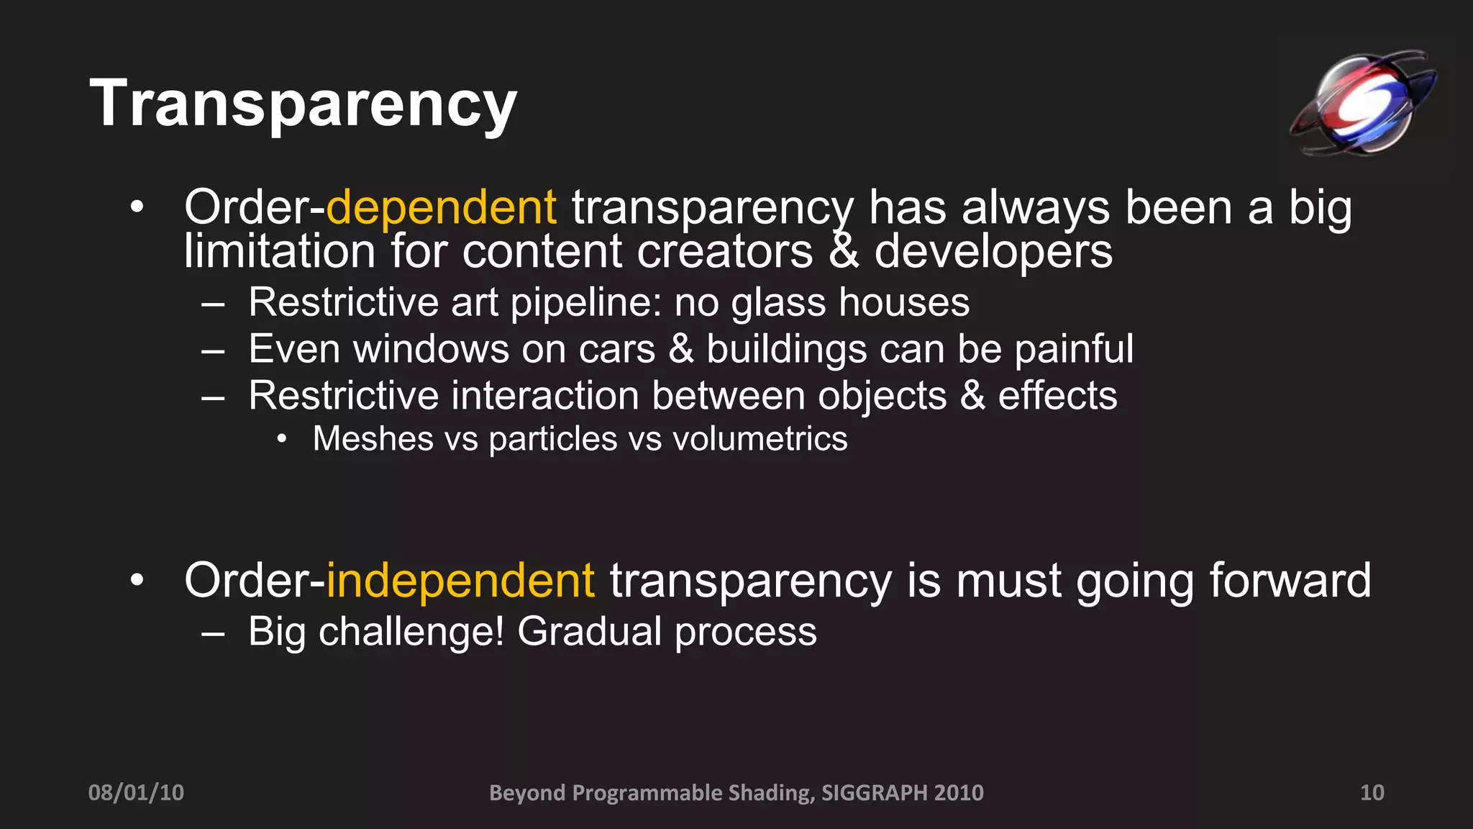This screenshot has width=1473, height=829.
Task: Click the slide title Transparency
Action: click(303, 104)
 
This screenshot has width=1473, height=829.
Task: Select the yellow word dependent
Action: click(441, 208)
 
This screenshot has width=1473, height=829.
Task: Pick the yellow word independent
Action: click(460, 580)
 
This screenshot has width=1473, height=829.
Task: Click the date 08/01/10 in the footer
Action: click(136, 792)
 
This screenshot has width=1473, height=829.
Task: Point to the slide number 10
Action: click(1372, 792)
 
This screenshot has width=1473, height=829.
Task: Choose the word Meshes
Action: click(373, 439)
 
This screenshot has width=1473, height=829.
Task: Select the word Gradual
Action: click(589, 632)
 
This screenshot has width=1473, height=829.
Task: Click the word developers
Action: click(993, 252)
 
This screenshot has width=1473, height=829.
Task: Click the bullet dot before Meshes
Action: click(282, 439)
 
